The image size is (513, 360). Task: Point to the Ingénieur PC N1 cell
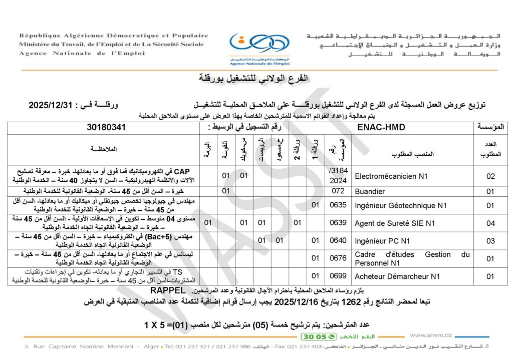pos(382,240)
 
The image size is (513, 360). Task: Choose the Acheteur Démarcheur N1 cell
pos(397,276)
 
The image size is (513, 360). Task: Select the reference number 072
pos(339,191)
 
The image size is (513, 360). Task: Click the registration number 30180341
pos(106,127)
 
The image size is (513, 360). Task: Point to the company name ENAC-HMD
pos(382,127)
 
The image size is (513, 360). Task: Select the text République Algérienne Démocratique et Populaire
pos(114,36)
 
